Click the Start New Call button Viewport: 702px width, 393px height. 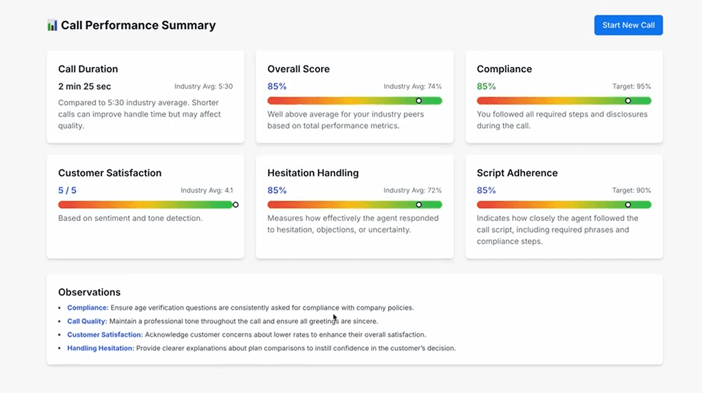pos(628,25)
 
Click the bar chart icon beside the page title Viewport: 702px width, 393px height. pos(52,25)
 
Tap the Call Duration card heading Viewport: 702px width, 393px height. pos(88,69)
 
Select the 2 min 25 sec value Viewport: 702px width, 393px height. pos(85,87)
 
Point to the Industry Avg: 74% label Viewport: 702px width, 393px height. pos(412,87)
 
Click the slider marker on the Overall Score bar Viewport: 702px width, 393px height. pos(419,101)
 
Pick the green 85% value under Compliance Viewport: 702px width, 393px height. pos(486,87)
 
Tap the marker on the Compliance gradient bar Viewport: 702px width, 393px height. pos(628,101)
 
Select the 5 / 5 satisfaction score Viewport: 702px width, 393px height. pos(67,190)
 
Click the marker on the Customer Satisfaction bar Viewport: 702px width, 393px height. pos(236,204)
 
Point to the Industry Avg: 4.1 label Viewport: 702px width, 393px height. pos(206,190)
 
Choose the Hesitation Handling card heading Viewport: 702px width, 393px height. pos(313,173)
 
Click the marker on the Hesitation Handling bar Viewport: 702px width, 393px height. pos(419,204)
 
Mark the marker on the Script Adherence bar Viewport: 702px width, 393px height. pos(628,204)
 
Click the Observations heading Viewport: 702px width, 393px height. pos(89,292)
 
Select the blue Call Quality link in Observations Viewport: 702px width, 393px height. pos(87,321)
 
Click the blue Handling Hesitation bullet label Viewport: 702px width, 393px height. pos(100,348)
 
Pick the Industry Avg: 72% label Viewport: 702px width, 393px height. pos(412,190)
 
